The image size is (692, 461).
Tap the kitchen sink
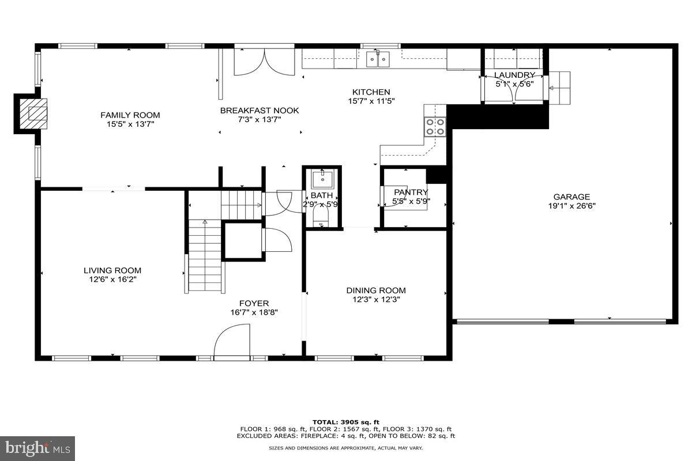(378, 58)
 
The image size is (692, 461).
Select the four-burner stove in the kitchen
(435, 127)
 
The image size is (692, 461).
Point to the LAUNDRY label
(515, 75)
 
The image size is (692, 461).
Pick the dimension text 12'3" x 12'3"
(375, 299)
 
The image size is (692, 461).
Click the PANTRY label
(411, 192)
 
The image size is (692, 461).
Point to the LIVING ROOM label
(112, 270)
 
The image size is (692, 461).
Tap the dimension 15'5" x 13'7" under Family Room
(130, 124)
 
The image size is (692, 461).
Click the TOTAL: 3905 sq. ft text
(345, 422)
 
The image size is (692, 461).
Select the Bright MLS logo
(37, 448)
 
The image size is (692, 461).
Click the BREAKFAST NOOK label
(259, 111)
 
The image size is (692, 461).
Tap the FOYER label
(254, 303)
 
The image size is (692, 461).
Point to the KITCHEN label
(371, 92)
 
